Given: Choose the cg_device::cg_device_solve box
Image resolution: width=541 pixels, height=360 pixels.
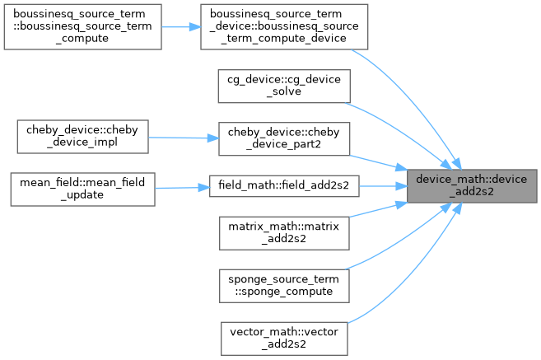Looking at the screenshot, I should (x=284, y=86).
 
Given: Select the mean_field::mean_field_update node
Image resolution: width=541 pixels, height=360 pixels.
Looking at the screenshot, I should (x=81, y=188).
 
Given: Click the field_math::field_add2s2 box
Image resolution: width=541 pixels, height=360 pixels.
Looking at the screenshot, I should (x=284, y=185).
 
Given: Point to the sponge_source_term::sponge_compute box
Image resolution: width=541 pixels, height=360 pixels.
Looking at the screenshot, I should (x=284, y=284).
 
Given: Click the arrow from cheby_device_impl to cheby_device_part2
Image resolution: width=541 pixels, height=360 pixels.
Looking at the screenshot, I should (x=183, y=138).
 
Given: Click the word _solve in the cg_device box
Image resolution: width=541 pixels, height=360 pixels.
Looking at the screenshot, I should (x=284, y=92).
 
